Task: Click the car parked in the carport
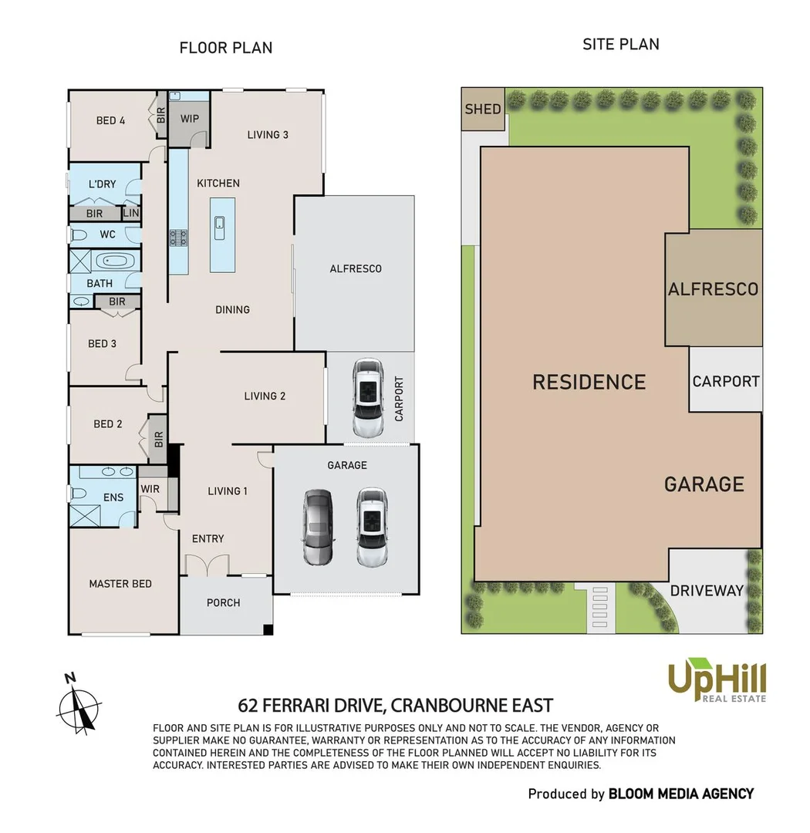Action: pos(367,397)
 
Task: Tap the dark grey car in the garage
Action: pos(317,528)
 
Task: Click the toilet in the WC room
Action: pos(79,234)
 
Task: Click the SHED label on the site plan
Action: pos(483,109)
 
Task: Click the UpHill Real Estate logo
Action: pos(717,681)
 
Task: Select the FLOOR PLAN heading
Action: pos(225,48)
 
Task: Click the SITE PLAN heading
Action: pos(620,44)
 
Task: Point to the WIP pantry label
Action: pos(190,120)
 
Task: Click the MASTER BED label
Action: pos(120,584)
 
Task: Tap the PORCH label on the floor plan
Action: pos(224,602)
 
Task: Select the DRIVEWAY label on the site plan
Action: pos(706,591)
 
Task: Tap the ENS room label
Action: pos(113,497)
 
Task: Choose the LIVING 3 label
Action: pos(268,134)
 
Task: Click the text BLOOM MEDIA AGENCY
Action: pos(680,794)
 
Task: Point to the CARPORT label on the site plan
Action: pos(725,381)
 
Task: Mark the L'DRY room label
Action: pos(102,184)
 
